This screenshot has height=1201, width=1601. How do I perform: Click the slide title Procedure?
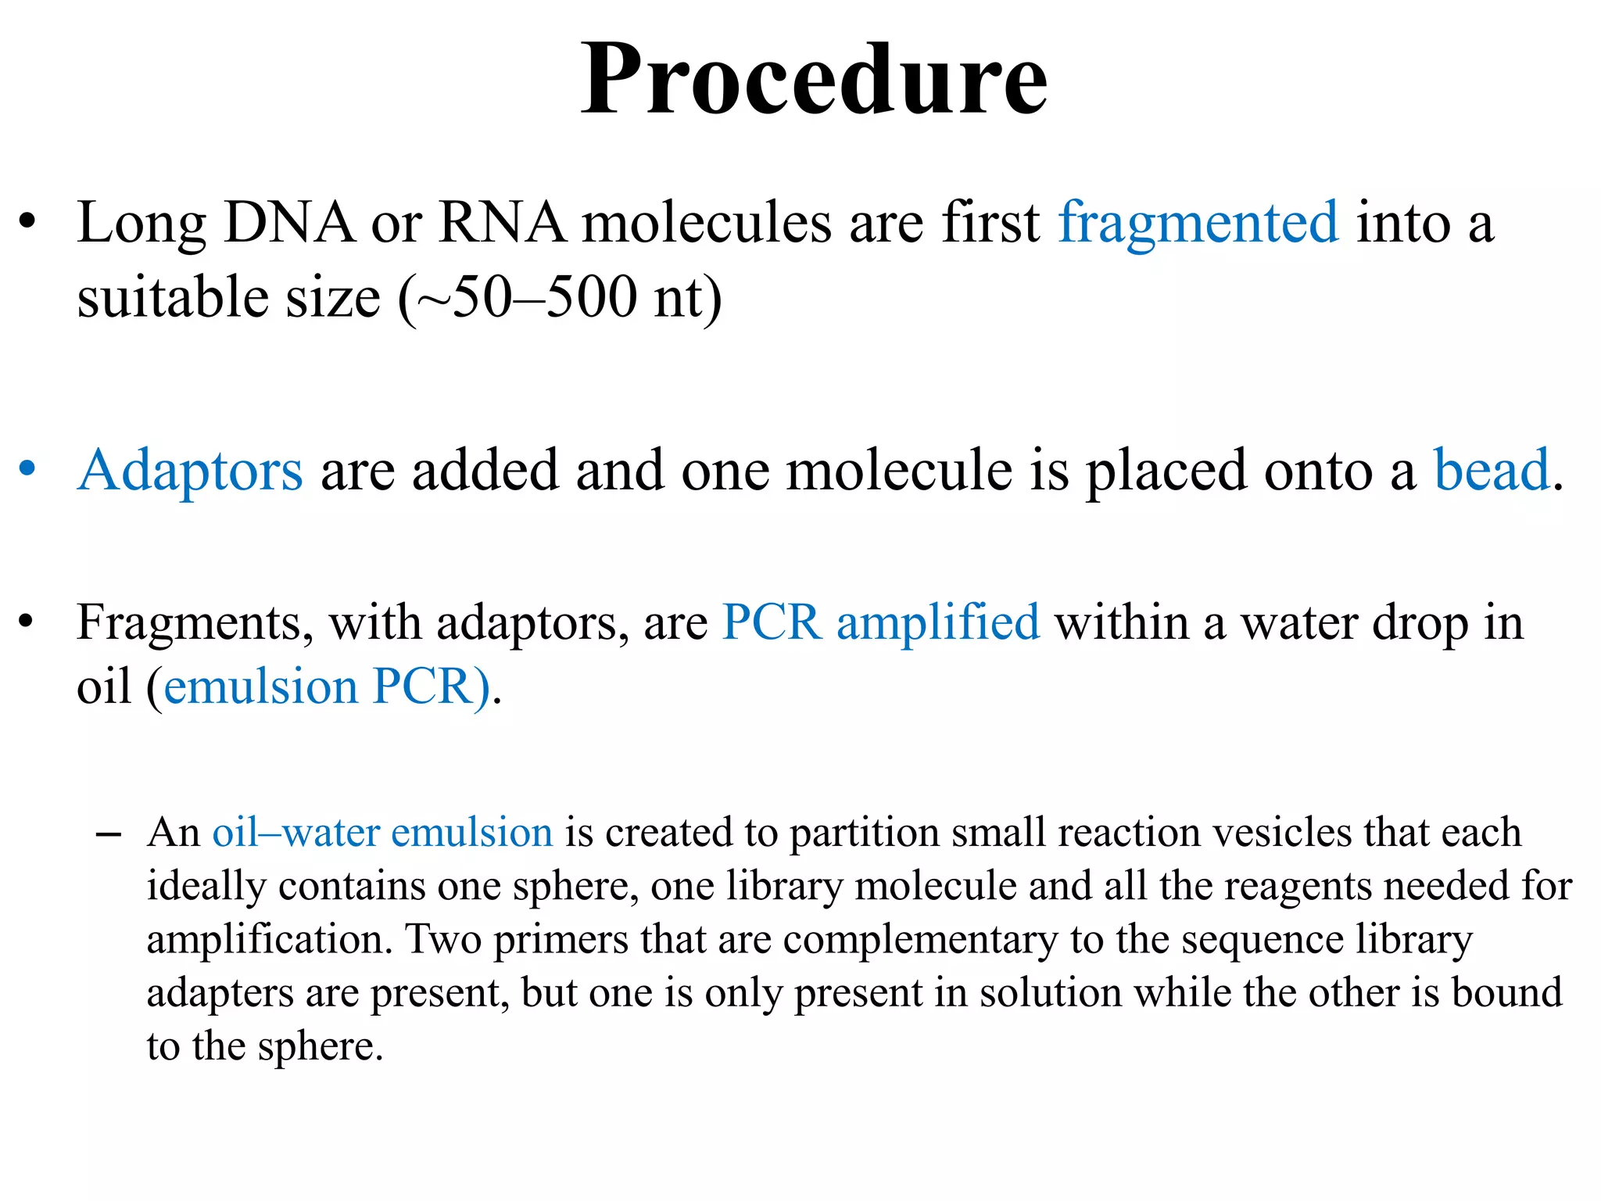tap(814, 80)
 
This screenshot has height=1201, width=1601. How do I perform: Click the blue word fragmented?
tap(1198, 224)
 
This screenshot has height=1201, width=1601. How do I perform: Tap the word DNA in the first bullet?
tap(288, 224)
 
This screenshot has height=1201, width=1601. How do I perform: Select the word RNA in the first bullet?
tap(501, 224)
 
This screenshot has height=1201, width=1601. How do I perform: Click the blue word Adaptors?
tap(190, 471)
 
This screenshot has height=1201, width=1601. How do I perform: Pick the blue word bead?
tap(1491, 471)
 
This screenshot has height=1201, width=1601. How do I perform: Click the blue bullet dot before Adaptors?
tap(27, 469)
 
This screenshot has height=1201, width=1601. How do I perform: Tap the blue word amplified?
tap(938, 623)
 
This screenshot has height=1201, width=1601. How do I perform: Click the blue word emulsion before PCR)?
tap(260, 687)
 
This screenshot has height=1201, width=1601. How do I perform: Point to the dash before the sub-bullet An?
tap(108, 835)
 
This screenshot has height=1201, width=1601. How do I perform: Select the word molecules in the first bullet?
tap(707, 224)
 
